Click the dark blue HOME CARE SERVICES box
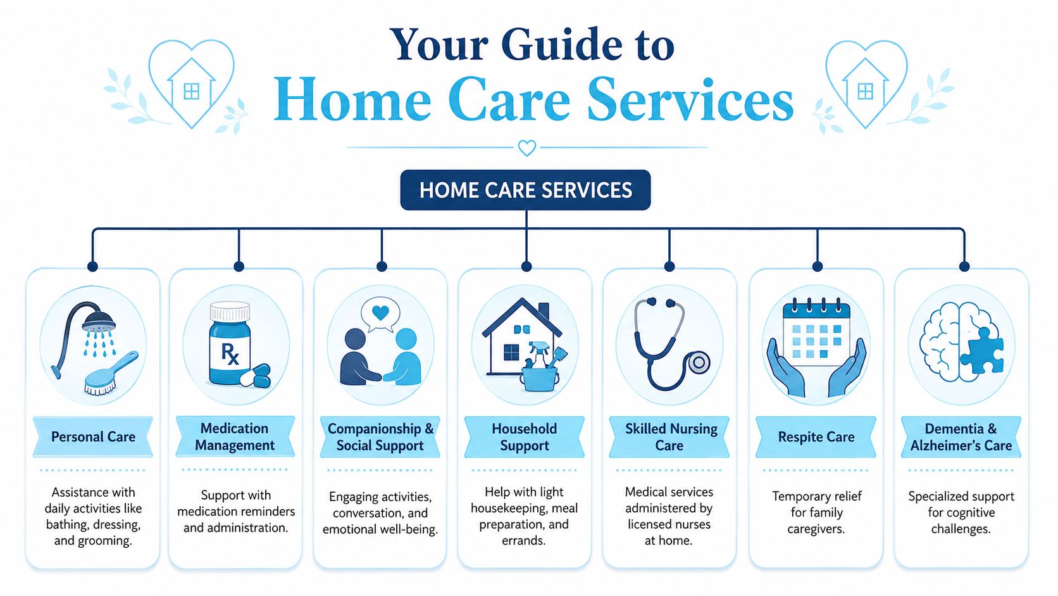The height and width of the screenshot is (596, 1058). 525,190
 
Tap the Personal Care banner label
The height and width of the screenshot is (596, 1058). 93,437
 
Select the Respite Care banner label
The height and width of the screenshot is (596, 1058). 816,437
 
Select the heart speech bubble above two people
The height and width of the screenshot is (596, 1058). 380,314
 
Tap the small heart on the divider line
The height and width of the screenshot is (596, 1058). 527,148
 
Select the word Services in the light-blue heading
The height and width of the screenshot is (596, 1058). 690,100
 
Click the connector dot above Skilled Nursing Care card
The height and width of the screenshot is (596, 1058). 669,267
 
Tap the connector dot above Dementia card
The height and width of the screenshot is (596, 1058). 964,267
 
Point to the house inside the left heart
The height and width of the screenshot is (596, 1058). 191,84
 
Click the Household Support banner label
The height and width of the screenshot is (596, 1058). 525,437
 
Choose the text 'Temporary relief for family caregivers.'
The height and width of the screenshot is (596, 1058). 816,512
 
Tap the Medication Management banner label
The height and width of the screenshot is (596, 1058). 235,437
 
